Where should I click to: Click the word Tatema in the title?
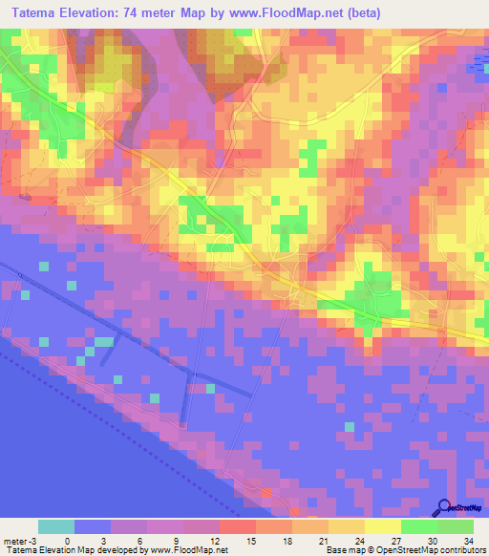tap(41, 13)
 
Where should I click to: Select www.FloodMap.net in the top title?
tap(328, 13)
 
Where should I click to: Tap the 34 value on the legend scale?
tap(467, 540)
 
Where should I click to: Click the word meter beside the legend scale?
tap(16, 540)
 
